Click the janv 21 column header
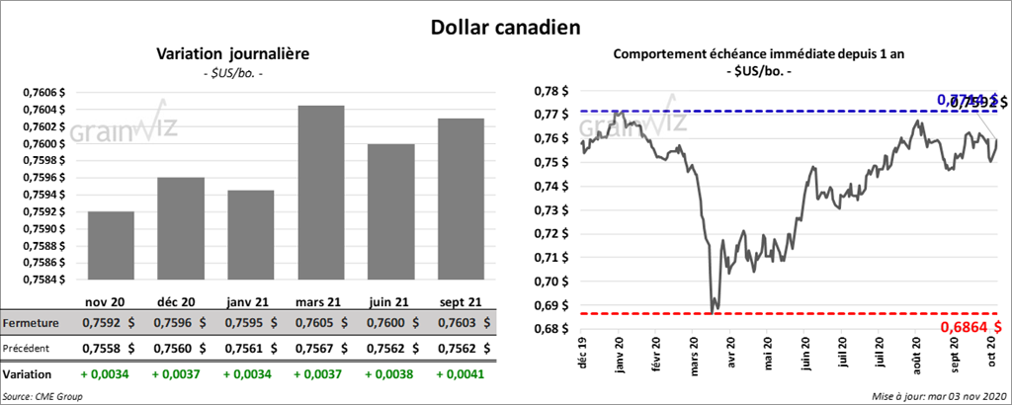(x=248, y=300)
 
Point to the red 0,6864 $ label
(x=971, y=327)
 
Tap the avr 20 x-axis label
(x=729, y=354)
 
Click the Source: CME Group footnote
(x=42, y=396)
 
